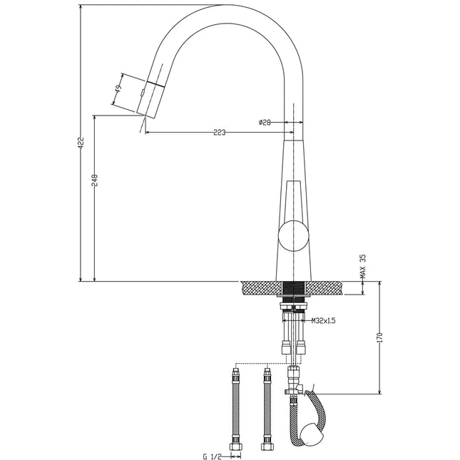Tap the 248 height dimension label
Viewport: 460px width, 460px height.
95,180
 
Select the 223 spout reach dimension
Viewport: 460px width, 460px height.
219,133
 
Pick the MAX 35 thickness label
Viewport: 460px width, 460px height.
362,266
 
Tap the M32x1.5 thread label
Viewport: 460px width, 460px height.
323,321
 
